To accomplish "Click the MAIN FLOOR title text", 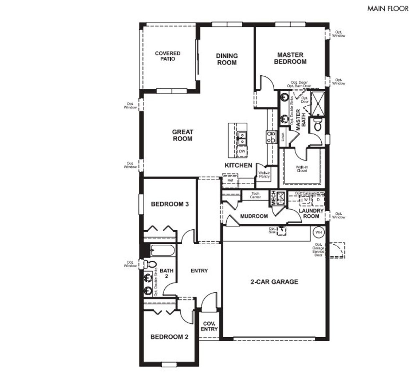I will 388,9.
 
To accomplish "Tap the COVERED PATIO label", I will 168,56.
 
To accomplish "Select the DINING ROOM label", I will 227,59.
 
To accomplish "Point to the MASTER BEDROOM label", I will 290,58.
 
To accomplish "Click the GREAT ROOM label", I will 183,135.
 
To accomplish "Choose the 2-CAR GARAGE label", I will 274,282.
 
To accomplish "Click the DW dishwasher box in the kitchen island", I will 242,151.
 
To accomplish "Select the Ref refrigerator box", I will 231,180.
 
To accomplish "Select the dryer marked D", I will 318,200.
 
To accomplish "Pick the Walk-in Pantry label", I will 264,175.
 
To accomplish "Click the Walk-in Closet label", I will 302,169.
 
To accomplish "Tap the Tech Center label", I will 255,195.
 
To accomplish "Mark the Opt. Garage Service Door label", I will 318,250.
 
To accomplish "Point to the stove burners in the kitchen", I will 271,137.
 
